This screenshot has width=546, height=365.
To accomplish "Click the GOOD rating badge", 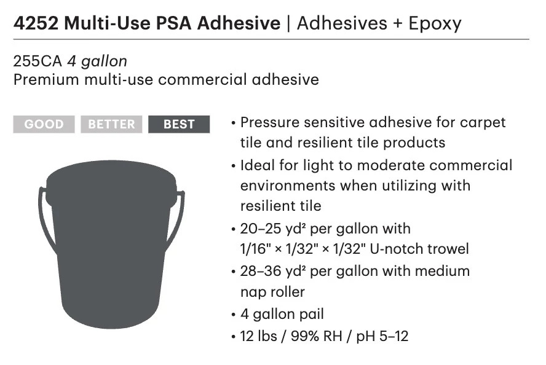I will coord(44,124).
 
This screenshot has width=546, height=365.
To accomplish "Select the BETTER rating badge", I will coord(111,124).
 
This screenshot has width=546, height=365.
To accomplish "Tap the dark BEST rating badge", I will coord(179,124).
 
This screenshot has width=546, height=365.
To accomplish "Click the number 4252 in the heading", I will coord(36,23).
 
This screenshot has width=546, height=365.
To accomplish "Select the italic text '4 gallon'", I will coord(97,61).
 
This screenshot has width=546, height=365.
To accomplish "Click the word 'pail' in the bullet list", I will coord(311,314).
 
